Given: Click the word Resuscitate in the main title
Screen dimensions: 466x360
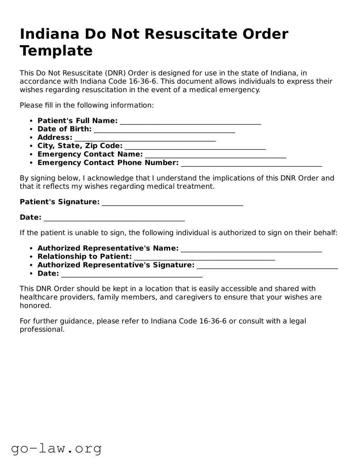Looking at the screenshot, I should click(x=193, y=34).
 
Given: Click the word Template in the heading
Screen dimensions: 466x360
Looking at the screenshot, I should click(x=56, y=51).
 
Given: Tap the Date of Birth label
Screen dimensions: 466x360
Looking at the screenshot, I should click(x=64, y=129).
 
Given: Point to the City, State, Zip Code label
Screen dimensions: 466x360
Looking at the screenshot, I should click(x=80, y=146).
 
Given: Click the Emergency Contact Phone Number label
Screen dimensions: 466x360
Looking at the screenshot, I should click(x=108, y=163).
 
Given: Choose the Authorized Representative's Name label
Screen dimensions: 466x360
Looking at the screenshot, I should click(x=108, y=248).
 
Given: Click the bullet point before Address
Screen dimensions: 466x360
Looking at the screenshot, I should click(x=31, y=138).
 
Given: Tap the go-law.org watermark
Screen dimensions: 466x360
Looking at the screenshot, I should click(x=56, y=449).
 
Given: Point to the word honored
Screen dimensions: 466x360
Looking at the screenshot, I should click(x=35, y=306).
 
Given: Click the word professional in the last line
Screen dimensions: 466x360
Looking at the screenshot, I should click(x=42, y=330).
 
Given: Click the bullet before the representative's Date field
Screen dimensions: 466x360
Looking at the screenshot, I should click(x=31, y=274).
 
